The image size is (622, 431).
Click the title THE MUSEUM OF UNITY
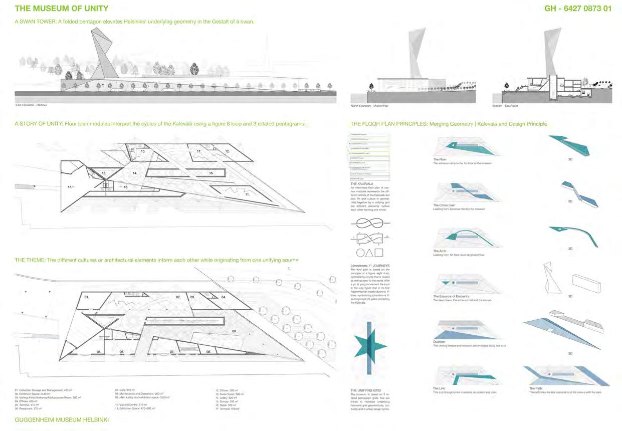[x=61, y=9]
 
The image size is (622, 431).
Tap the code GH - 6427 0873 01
[x=577, y=9]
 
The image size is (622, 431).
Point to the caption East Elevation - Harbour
[x=32, y=105]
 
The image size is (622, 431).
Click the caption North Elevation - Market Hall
[x=372, y=106]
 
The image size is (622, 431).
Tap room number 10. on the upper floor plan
[x=143, y=150]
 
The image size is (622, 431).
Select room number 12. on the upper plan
[x=227, y=151]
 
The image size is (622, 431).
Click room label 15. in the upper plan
[x=212, y=173]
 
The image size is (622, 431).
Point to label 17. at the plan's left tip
[x=70, y=187]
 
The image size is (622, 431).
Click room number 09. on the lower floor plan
[x=234, y=332]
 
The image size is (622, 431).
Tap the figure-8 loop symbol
[x=370, y=224]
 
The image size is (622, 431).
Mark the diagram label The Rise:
[x=440, y=160]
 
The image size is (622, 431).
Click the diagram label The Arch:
[x=440, y=251]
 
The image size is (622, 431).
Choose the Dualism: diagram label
[x=439, y=342]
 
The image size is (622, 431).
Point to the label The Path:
[x=536, y=388]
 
